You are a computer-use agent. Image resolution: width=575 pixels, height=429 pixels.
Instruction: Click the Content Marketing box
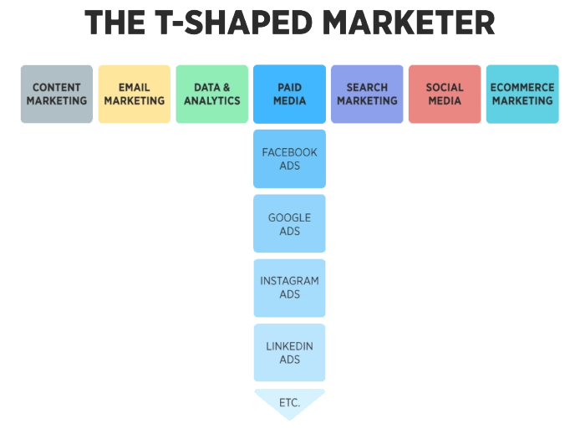click(x=57, y=94)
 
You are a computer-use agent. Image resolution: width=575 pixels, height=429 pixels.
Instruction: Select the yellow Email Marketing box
click(x=135, y=94)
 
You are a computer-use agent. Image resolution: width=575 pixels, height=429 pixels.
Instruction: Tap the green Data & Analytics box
click(x=211, y=94)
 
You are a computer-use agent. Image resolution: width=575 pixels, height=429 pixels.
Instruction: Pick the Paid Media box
click(x=289, y=94)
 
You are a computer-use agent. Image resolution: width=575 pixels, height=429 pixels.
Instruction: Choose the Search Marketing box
click(x=367, y=94)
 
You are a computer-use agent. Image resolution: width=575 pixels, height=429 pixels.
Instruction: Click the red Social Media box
click(x=445, y=94)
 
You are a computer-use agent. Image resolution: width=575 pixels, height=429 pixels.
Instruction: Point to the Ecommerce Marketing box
click(x=522, y=94)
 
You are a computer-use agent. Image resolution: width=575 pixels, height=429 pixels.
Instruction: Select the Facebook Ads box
click(x=289, y=159)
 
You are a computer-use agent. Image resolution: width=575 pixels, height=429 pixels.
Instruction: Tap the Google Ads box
click(x=289, y=224)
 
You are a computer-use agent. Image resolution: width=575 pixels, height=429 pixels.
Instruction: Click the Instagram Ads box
click(x=289, y=289)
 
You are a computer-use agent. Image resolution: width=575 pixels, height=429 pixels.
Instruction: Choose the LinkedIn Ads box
click(x=289, y=353)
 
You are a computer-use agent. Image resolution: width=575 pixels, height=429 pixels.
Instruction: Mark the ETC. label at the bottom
click(x=289, y=403)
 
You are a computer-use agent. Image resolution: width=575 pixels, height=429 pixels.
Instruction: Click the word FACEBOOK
click(x=289, y=152)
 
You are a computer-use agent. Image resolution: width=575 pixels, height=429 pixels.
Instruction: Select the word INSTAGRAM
click(x=289, y=282)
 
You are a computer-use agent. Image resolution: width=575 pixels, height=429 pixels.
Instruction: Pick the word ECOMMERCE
click(x=522, y=87)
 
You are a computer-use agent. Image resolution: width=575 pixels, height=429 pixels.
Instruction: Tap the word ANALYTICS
click(x=211, y=101)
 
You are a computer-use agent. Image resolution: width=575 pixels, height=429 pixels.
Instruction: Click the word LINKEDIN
click(x=289, y=346)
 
